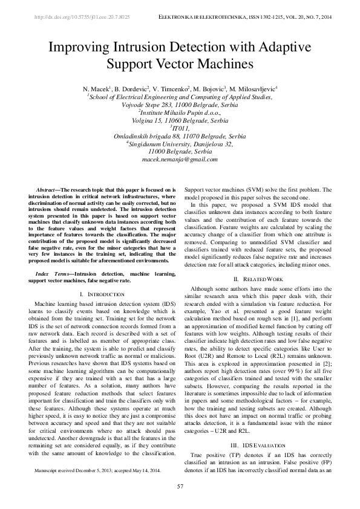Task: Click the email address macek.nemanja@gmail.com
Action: (180, 159)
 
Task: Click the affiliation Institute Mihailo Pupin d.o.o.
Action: (180, 112)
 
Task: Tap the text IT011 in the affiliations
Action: (180, 128)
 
